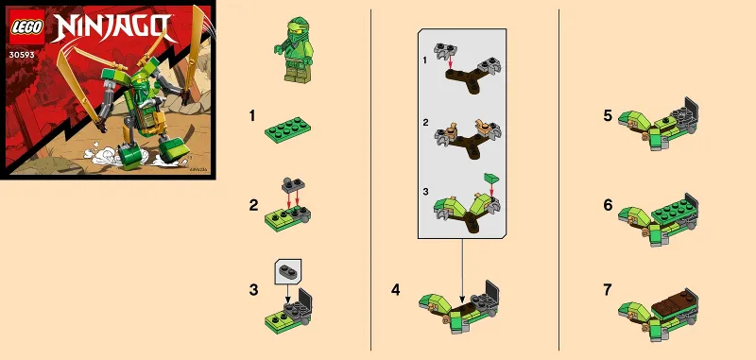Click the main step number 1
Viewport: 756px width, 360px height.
(252, 117)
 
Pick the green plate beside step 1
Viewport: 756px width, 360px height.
(287, 129)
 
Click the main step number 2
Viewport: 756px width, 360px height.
(252, 204)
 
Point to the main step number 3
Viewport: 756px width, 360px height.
(252, 290)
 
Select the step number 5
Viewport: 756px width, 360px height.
(608, 116)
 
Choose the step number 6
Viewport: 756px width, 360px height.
(608, 204)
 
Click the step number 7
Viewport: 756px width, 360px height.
(608, 290)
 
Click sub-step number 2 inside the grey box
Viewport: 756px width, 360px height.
(426, 124)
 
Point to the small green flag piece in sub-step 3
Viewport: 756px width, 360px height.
(490, 177)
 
